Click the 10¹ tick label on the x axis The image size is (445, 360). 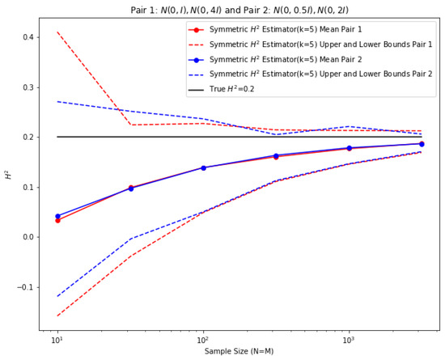pyautogui.click(x=57, y=341)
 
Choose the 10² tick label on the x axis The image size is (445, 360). pyautogui.click(x=202, y=341)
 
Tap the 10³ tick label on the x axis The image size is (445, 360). pyautogui.click(x=348, y=341)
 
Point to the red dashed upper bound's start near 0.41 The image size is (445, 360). pyautogui.click(x=57, y=32)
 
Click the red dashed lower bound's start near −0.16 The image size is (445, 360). pyautogui.click(x=57, y=316)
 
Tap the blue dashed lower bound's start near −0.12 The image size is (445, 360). pyautogui.click(x=57, y=296)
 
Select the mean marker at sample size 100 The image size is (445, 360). pyautogui.click(x=202, y=167)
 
